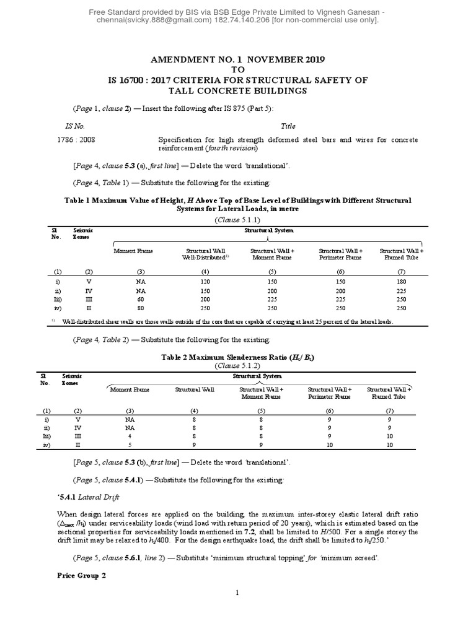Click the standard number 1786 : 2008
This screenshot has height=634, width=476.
tap(74, 141)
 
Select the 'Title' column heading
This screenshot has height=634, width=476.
tap(288, 125)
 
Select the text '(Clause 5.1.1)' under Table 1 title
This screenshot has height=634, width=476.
tap(237, 220)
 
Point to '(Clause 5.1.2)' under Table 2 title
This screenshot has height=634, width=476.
tap(237, 366)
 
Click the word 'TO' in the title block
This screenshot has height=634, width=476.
tap(237, 70)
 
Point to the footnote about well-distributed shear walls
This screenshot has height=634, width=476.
tap(226, 322)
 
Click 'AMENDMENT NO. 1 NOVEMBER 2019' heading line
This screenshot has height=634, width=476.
tap(238, 59)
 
